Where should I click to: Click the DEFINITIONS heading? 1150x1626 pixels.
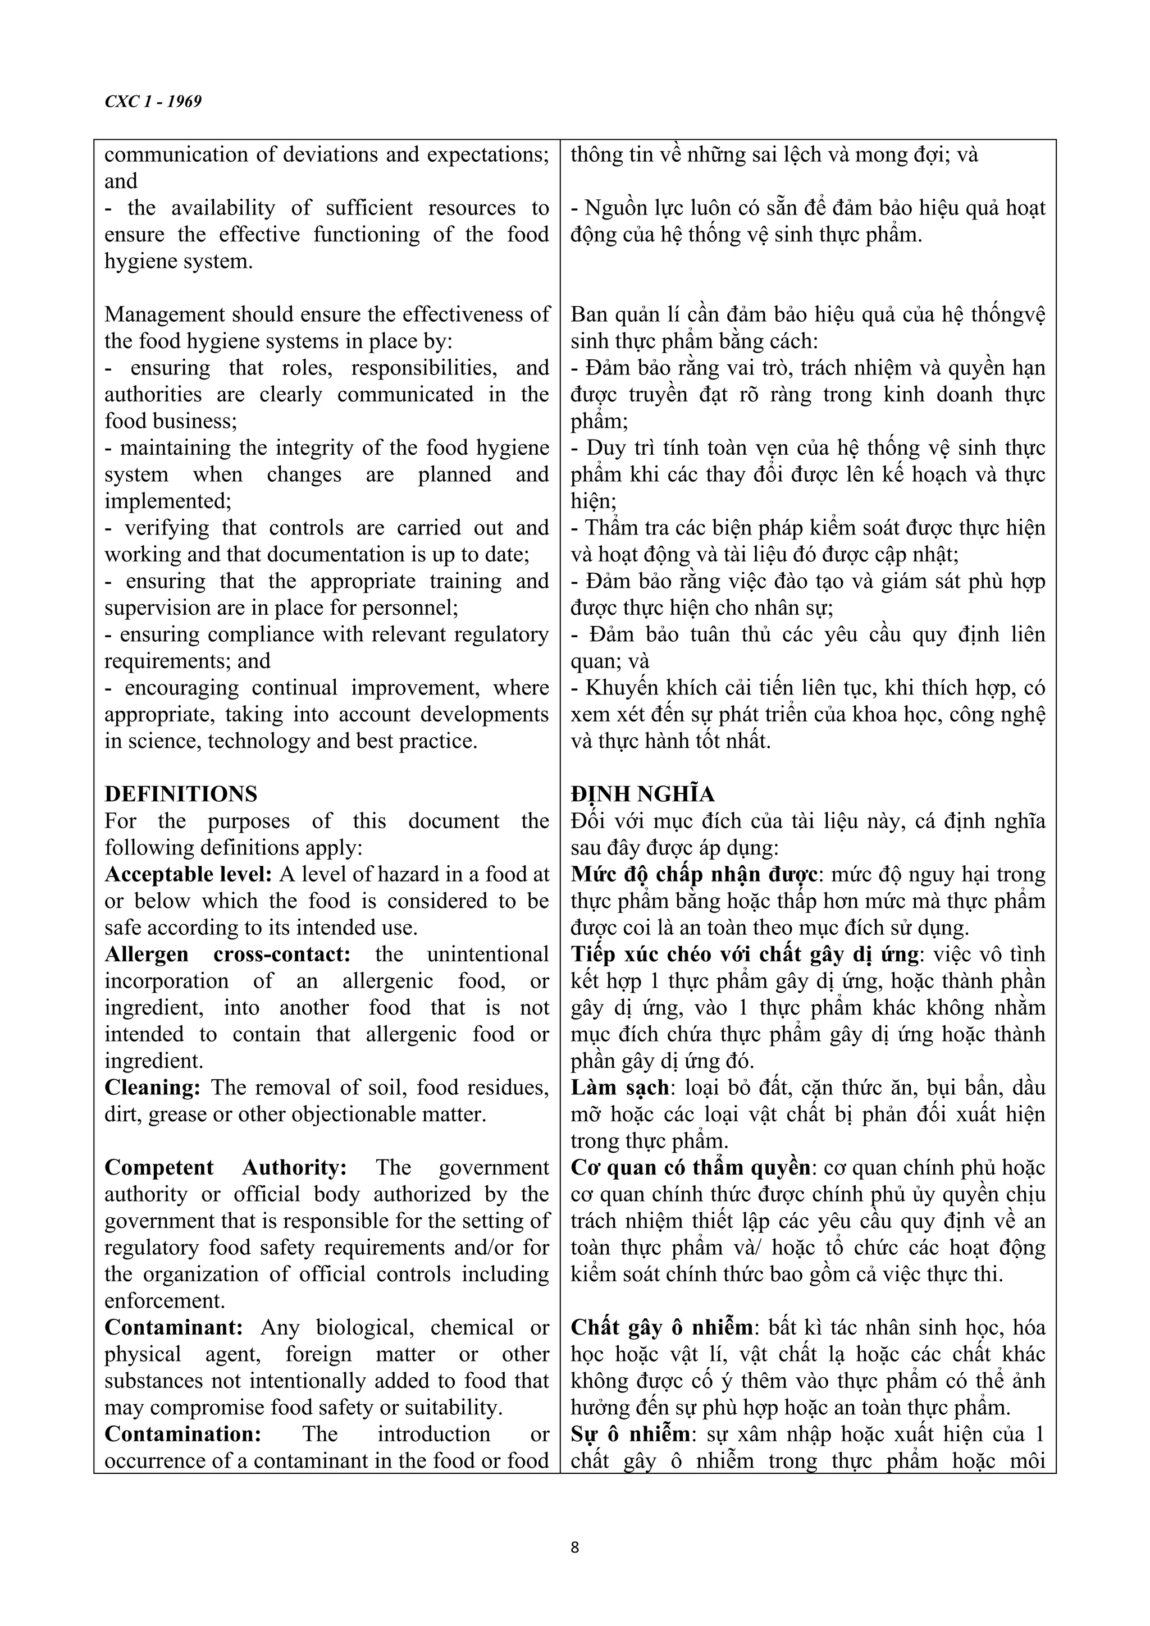pos(181,794)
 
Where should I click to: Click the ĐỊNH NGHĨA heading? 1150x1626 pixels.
pos(642,794)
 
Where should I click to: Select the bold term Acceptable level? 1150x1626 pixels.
pos(188,875)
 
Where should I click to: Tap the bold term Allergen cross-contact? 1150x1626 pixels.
pos(227,954)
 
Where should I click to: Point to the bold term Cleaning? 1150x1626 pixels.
pos(154,1088)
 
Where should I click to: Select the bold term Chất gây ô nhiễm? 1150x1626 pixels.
pos(662,1328)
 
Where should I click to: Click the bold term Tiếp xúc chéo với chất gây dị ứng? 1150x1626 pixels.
pos(744,954)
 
